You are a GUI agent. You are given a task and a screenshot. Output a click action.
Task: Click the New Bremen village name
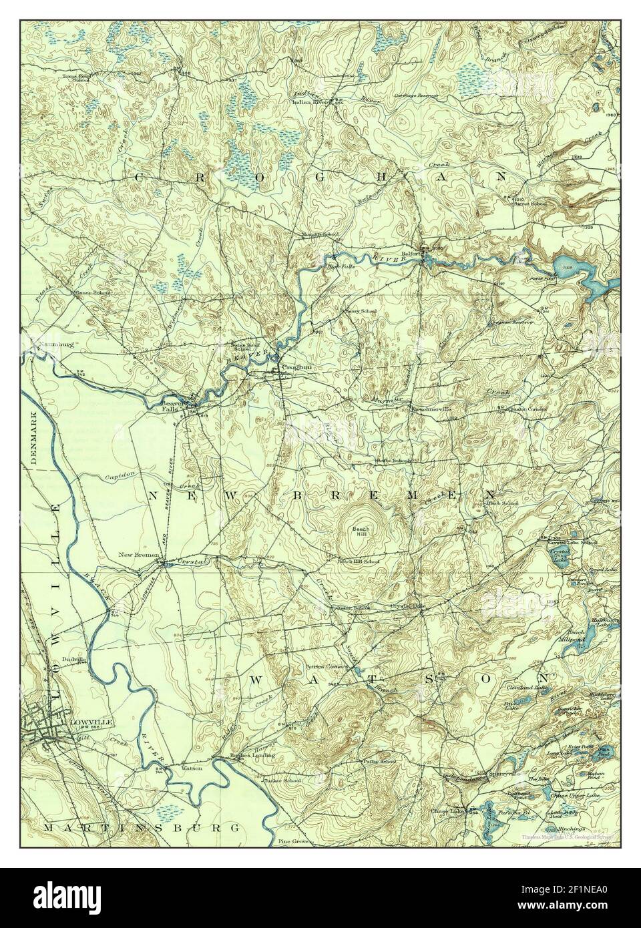[138, 555]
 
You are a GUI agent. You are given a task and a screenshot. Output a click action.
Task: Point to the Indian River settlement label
[312, 102]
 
